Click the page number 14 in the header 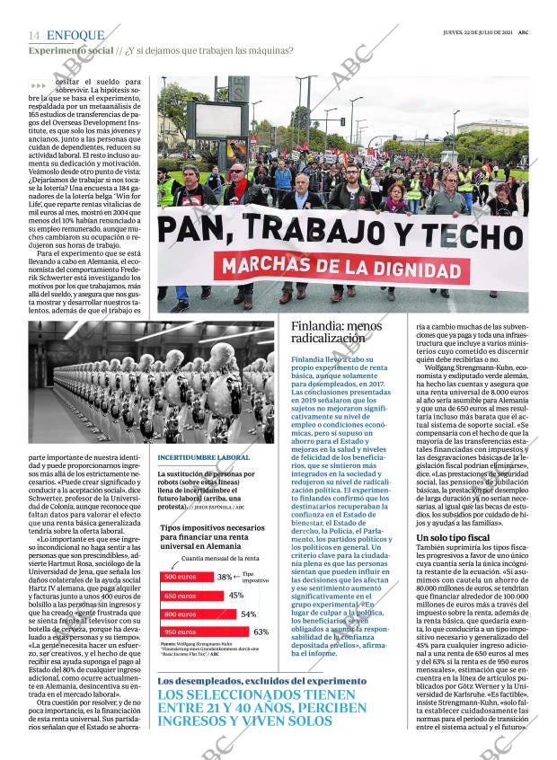click(34, 35)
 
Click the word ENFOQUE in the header click(75, 35)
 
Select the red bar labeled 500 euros click(186, 576)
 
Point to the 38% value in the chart click(225, 576)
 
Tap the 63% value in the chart click(261, 632)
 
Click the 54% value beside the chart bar click(249, 614)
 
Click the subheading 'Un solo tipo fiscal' click(453, 537)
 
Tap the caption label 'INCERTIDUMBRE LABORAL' click(203, 458)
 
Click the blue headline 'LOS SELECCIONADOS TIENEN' click(261, 695)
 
